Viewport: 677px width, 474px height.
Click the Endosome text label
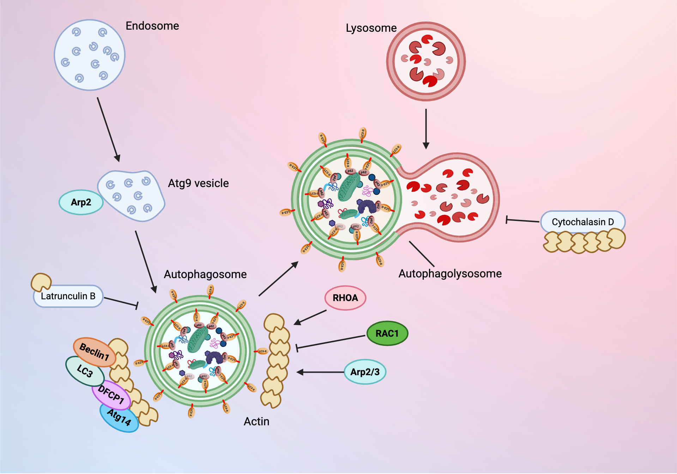pos(152,26)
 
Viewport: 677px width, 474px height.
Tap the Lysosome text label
pos(371,28)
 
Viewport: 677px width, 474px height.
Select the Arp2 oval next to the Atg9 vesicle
pos(81,202)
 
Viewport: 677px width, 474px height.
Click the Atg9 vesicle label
pos(198,183)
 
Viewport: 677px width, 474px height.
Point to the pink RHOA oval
pos(345,298)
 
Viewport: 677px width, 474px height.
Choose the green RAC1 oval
pos(387,333)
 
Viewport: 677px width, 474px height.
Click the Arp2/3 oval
pos(365,372)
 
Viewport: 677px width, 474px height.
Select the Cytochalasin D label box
pos(582,222)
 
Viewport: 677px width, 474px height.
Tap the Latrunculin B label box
pos(68,296)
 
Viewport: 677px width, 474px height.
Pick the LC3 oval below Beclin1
pos(85,371)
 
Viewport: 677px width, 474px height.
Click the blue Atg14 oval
pos(119,418)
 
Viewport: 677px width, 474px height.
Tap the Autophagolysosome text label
pos(450,274)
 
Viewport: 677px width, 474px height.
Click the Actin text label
pos(256,421)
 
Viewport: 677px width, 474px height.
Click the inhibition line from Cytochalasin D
pos(522,221)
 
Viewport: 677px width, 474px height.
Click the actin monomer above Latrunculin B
pos(41,282)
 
